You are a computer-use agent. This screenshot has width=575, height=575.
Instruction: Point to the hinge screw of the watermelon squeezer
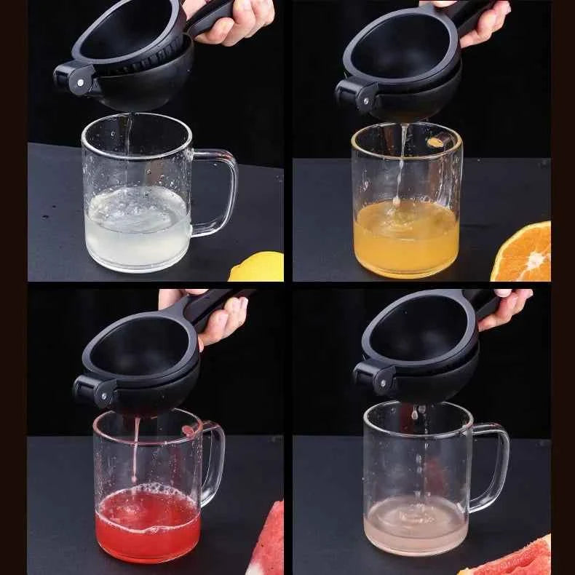tap(98, 395)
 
